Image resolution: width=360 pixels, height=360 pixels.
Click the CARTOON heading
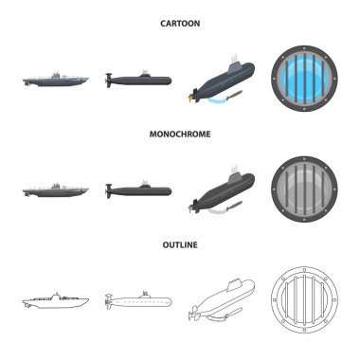[x=180, y=24]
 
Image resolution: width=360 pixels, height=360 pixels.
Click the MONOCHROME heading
[x=180, y=134]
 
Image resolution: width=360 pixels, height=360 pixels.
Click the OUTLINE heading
[x=180, y=244]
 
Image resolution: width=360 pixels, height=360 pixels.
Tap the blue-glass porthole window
[x=304, y=79]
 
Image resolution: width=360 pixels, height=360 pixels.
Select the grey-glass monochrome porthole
[x=304, y=189]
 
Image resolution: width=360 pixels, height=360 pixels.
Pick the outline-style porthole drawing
[x=304, y=299]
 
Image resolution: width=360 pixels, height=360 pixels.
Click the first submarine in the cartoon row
[x=56, y=80]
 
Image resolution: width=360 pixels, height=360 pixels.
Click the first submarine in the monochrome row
[x=56, y=190]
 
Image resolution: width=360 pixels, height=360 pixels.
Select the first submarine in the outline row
[x=56, y=300]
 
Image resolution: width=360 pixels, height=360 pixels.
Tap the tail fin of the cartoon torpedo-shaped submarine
[x=109, y=81]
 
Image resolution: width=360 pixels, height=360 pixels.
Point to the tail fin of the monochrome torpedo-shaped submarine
[x=109, y=191]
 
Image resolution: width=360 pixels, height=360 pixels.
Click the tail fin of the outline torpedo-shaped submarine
[x=109, y=301]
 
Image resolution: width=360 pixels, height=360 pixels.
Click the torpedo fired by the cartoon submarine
[x=234, y=95]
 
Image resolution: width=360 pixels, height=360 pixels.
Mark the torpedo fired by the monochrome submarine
[x=234, y=206]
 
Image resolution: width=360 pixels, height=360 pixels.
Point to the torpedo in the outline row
[x=234, y=315]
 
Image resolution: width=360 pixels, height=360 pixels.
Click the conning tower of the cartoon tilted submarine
[x=234, y=67]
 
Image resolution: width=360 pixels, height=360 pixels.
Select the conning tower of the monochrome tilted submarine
[x=234, y=178]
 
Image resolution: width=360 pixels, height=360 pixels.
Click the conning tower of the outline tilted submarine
[x=234, y=285]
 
